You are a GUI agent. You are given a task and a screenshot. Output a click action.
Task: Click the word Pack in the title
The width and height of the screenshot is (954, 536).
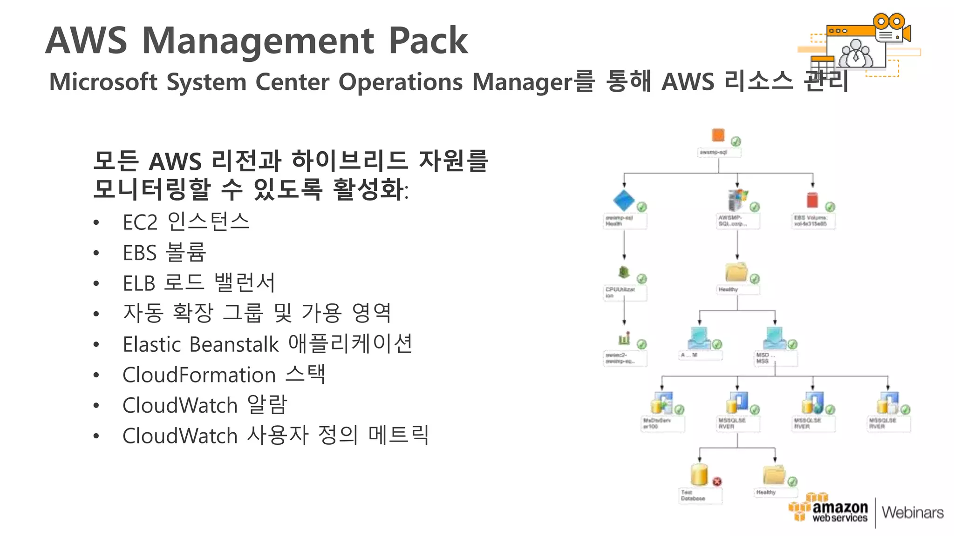(x=428, y=41)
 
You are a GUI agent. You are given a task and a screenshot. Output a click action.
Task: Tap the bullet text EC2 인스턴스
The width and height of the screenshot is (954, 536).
(x=186, y=222)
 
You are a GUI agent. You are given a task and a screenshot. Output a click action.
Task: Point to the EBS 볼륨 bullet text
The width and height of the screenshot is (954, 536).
(x=164, y=253)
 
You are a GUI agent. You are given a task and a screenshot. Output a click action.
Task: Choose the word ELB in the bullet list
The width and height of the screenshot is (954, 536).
(x=138, y=283)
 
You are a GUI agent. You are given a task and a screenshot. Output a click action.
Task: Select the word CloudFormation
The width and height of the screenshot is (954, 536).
(x=199, y=375)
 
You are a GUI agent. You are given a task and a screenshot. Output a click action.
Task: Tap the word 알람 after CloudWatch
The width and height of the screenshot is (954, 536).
(x=267, y=405)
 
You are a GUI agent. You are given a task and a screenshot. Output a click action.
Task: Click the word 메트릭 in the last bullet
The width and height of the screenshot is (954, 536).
(x=398, y=435)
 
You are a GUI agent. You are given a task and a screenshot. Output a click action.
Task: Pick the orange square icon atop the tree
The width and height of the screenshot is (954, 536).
(x=718, y=135)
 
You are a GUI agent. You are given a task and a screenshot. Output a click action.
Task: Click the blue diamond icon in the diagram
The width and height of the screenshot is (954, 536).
(x=624, y=201)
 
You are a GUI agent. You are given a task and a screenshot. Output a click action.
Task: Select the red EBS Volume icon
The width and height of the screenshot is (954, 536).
(x=812, y=200)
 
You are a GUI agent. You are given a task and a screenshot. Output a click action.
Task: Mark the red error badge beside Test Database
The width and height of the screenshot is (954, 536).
(x=717, y=482)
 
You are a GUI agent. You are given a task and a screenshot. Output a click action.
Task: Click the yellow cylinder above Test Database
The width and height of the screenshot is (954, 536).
(x=699, y=475)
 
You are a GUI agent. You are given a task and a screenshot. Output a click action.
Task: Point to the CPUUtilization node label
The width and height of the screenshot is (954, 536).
(x=620, y=292)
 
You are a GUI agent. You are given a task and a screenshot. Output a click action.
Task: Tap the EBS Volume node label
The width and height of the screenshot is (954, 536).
(x=811, y=221)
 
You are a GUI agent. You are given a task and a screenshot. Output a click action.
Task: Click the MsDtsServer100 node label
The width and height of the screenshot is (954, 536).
(x=657, y=423)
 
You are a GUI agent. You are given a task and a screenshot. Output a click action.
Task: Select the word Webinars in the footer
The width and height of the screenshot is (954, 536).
(x=913, y=512)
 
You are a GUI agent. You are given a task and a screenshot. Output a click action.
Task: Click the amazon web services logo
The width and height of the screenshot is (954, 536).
(x=829, y=510)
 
